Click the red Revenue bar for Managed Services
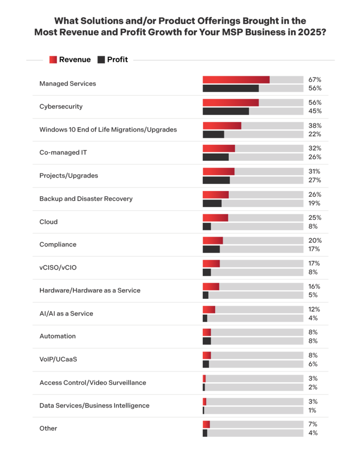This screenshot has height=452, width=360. (236, 79)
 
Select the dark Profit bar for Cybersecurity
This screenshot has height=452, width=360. (226, 111)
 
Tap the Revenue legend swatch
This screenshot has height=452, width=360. (53, 60)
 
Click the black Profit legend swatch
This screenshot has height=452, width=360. (101, 60)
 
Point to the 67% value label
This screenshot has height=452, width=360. (315, 79)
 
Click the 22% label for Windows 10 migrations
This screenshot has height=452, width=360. (315, 134)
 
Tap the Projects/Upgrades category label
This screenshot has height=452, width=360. (68, 175)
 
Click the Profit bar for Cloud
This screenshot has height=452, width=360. (207, 226)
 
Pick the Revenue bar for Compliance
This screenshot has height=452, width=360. (213, 241)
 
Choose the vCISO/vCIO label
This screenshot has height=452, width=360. (61, 267)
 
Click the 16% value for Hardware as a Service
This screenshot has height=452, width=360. (315, 286)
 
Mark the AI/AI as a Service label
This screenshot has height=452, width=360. (66, 313)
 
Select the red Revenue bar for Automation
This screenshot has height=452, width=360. (207, 332)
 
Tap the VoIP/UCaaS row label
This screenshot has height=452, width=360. (58, 359)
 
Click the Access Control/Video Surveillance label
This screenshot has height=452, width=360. (93, 382)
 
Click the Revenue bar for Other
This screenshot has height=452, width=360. (206, 424)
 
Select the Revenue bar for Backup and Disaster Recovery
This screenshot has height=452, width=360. (216, 195)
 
